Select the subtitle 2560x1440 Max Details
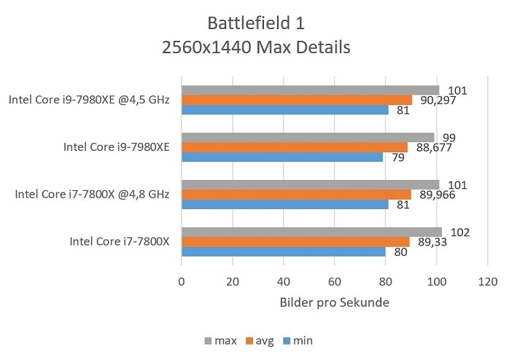click(x=255, y=47)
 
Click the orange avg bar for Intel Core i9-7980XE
click(x=295, y=147)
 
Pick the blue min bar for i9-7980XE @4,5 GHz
click(x=284, y=110)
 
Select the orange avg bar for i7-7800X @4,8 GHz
click(x=296, y=195)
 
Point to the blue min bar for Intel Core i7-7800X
click(x=283, y=252)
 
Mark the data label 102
click(x=460, y=232)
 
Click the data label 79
click(x=399, y=157)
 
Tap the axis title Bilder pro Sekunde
click(x=334, y=302)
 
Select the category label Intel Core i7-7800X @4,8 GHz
click(x=92, y=195)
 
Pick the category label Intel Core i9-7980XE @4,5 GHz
click(x=89, y=100)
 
